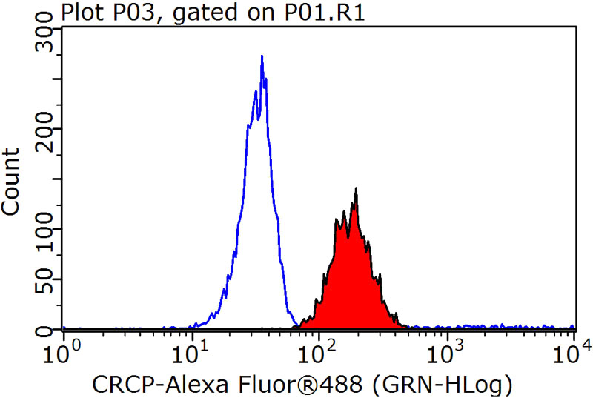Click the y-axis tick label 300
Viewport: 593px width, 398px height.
click(44, 39)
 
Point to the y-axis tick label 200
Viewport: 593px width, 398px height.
click(44, 128)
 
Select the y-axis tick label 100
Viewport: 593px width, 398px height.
click(44, 229)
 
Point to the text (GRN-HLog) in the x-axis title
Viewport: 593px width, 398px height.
click(440, 384)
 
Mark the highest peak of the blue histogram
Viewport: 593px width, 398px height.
click(262, 56)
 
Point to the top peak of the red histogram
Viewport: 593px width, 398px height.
click(357, 189)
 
